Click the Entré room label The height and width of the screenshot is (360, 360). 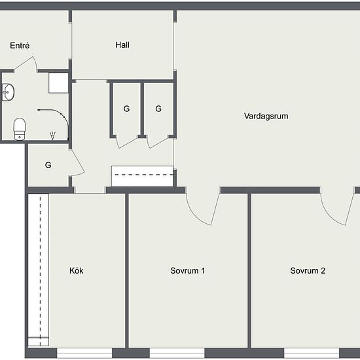[20, 45]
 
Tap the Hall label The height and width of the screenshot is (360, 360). [122, 45]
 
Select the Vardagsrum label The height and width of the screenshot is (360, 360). [266, 116]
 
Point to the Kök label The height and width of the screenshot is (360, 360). [77, 270]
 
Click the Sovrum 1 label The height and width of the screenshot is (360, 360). [188, 270]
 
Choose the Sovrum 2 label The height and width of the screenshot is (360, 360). [308, 270]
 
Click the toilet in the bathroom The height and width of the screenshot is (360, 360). [20, 129]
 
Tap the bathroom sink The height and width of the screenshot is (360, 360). [8, 92]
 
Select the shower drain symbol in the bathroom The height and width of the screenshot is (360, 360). [52, 135]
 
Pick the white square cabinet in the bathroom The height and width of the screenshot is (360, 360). [58, 83]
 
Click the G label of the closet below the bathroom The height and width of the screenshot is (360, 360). [48, 165]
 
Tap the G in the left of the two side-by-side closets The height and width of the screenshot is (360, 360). [126, 109]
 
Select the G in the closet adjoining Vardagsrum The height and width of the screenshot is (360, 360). [158, 109]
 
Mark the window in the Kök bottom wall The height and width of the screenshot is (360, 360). [84, 353]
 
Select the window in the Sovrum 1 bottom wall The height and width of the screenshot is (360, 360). [177, 353]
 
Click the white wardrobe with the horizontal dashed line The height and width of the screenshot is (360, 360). [142, 176]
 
